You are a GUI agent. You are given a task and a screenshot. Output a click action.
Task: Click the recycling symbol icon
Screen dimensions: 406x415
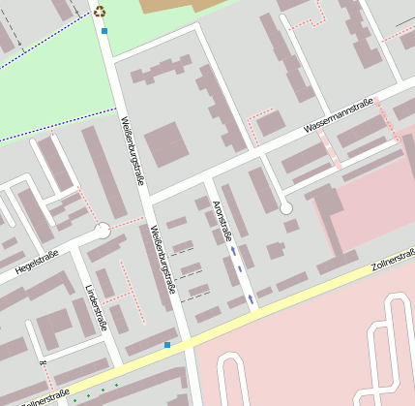[100, 12]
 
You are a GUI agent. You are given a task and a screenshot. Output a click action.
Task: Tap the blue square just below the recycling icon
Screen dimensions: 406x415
[104, 31]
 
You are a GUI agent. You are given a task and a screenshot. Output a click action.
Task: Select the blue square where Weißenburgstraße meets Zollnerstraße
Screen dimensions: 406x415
[167, 344]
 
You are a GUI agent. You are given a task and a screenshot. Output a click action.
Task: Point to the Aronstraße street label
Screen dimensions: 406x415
[222, 221]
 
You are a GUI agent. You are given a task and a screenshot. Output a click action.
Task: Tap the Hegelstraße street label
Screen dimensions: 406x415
[37, 262]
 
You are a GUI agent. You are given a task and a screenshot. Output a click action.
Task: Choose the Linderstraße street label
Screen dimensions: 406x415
[93, 307]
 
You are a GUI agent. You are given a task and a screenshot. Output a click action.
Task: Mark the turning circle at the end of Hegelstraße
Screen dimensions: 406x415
[104, 231]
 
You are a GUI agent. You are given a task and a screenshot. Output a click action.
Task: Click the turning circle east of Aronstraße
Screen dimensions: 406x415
[285, 207]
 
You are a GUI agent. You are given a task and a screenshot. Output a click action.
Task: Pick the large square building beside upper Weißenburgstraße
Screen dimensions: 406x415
[167, 143]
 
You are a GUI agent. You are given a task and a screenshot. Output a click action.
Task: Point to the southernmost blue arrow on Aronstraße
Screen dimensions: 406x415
[252, 299]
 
